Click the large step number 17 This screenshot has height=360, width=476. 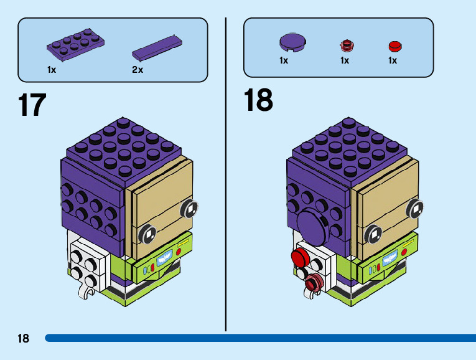tap(32, 105)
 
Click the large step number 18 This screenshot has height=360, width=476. tap(258, 100)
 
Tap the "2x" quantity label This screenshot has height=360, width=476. tap(138, 70)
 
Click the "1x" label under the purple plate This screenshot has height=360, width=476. tap(52, 70)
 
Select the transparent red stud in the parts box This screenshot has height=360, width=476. tap(345, 45)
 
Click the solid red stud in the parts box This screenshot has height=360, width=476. tap(394, 45)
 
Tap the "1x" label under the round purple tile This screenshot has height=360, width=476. tap(284, 60)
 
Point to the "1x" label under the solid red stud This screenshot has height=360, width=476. tap(393, 60)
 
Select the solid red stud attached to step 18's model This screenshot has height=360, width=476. tap(301, 257)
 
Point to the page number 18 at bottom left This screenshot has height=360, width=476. tap(23, 338)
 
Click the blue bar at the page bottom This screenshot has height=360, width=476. tap(249, 338)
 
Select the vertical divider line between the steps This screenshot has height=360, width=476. tap(226, 174)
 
